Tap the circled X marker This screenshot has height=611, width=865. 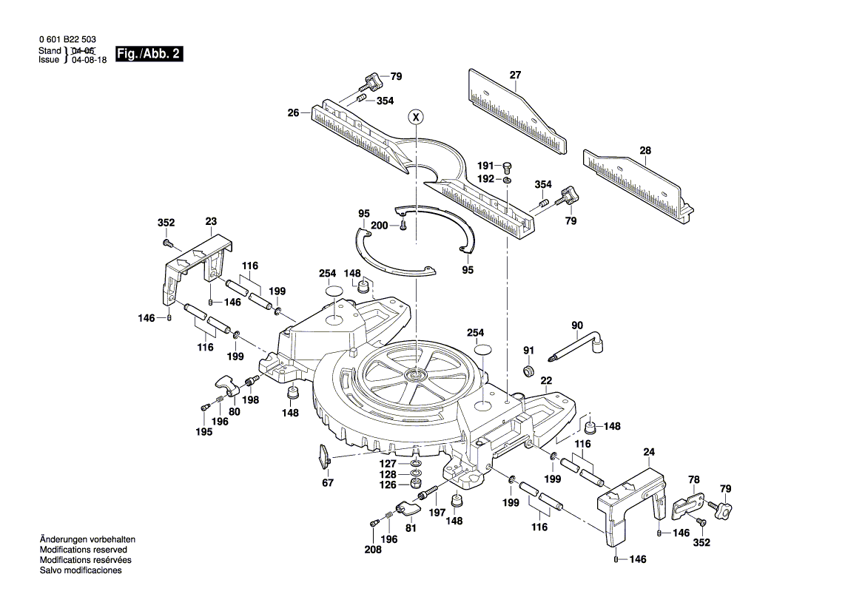[x=416, y=116]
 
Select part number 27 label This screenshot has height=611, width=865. [x=515, y=75]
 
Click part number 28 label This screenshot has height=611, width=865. [x=645, y=151]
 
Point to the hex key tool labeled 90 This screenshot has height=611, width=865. [x=578, y=346]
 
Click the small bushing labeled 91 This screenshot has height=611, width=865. [x=528, y=371]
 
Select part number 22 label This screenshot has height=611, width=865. [x=546, y=380]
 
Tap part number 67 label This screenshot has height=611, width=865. [x=328, y=483]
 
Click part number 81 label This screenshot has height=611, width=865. [x=411, y=528]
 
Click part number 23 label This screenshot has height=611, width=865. [x=211, y=220]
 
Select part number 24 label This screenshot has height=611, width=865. [x=649, y=452]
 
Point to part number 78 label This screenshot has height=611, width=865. [x=693, y=479]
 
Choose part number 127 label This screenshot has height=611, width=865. [x=389, y=463]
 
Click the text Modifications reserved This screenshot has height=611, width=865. [x=83, y=550]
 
